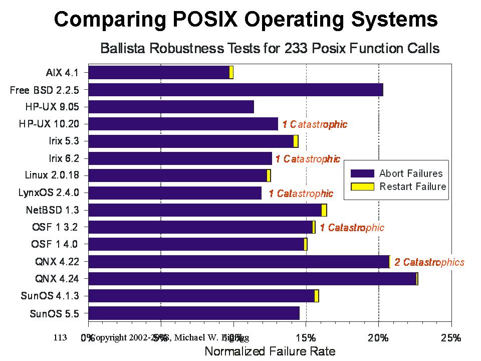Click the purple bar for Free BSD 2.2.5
click(x=235, y=90)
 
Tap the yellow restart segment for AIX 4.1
click(x=231, y=73)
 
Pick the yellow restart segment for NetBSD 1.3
click(x=324, y=210)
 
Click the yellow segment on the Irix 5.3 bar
click(x=296, y=141)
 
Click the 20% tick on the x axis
click(x=378, y=338)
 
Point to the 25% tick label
click(x=450, y=338)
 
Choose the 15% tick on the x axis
click(x=306, y=338)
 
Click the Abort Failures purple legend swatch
click(x=363, y=173)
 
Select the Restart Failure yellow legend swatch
click(x=363, y=187)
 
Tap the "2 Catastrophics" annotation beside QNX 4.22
click(x=429, y=262)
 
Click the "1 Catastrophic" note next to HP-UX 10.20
click(x=315, y=124)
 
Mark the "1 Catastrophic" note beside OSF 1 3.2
click(x=352, y=228)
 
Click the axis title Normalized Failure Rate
click(x=270, y=350)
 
